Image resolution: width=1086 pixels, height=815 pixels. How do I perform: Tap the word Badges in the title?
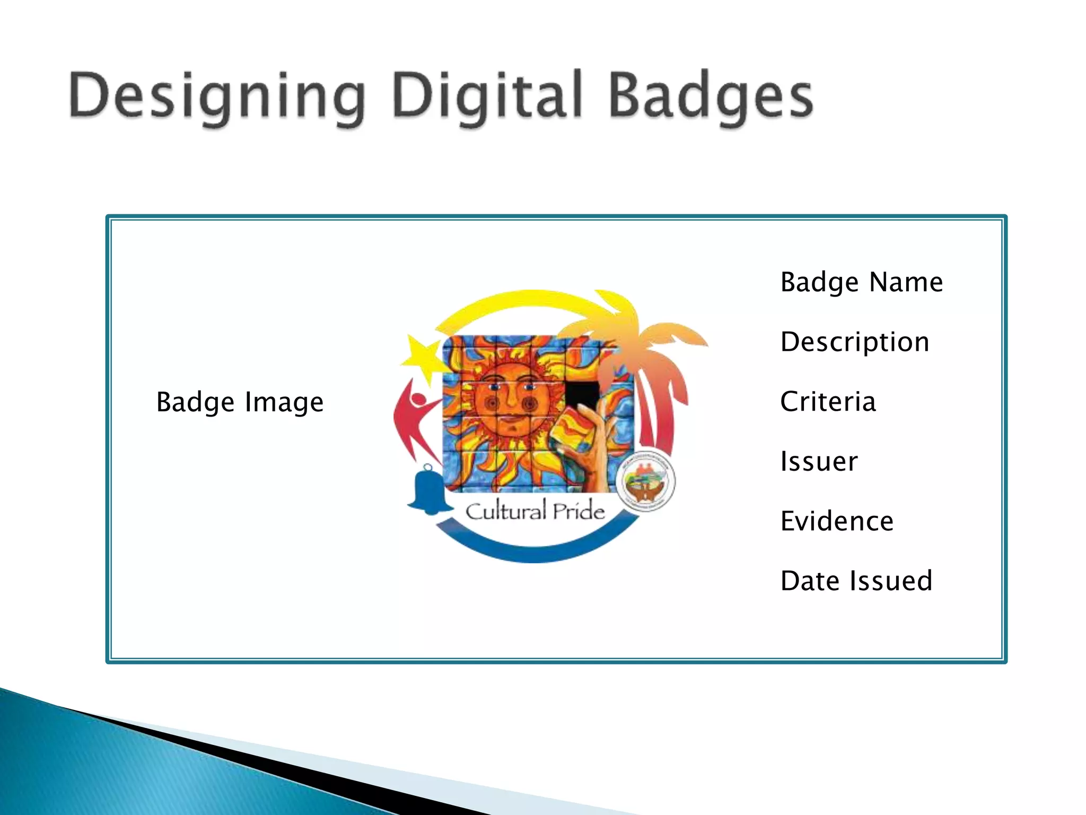click(711, 98)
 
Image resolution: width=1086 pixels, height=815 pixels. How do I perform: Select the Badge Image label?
click(240, 402)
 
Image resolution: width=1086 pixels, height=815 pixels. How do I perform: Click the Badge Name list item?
click(862, 282)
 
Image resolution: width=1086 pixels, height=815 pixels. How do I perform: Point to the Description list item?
click(855, 342)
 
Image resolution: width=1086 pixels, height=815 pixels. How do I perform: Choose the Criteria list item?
click(828, 402)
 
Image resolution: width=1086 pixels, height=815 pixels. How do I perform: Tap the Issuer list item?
click(819, 461)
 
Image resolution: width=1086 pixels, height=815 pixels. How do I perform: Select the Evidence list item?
click(837, 521)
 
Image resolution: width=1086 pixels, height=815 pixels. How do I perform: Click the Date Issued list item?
click(856, 580)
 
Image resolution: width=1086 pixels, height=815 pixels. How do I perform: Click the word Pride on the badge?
click(579, 511)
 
